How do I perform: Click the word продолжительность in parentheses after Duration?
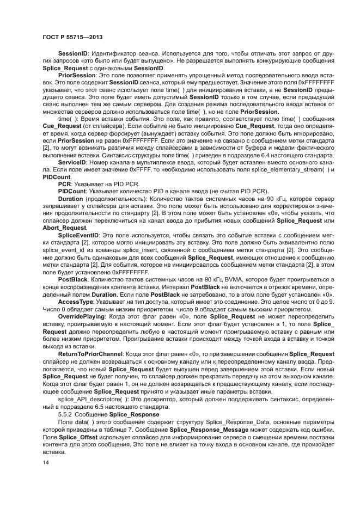(108, 200)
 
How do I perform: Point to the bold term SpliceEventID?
(78, 234)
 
